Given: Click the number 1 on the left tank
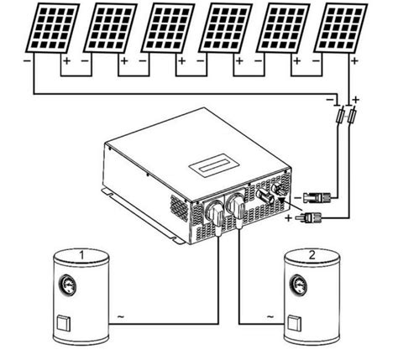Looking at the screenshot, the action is pyautogui.click(x=81, y=255).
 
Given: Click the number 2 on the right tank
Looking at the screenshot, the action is pyautogui.click(x=312, y=255).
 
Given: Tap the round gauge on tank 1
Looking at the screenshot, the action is pyautogui.click(x=67, y=285).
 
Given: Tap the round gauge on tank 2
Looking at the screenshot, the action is pyautogui.click(x=299, y=285).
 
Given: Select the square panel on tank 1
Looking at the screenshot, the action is pyautogui.click(x=64, y=324).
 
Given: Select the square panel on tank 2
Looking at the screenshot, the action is pyautogui.click(x=295, y=324).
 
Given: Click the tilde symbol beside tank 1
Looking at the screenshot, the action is pyautogui.click(x=120, y=317).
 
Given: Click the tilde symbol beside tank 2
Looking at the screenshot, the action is pyautogui.click(x=270, y=317).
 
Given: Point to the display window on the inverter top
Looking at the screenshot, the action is pyautogui.click(x=215, y=165).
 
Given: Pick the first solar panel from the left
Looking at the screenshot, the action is pyautogui.click(x=53, y=28).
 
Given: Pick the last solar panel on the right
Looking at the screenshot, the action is pyautogui.click(x=341, y=28).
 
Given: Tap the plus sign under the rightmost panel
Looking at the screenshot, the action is pyautogui.click(x=355, y=60).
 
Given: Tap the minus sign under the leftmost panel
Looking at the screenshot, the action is pyautogui.click(x=28, y=60).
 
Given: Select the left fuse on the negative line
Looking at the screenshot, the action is pyautogui.click(x=340, y=116).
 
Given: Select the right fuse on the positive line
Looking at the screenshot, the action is pyautogui.click(x=352, y=116).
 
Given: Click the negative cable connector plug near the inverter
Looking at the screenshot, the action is pyautogui.click(x=317, y=198).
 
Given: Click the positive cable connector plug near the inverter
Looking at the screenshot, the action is pyautogui.click(x=309, y=217).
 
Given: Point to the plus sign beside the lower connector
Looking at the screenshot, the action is pyautogui.click(x=288, y=218).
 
